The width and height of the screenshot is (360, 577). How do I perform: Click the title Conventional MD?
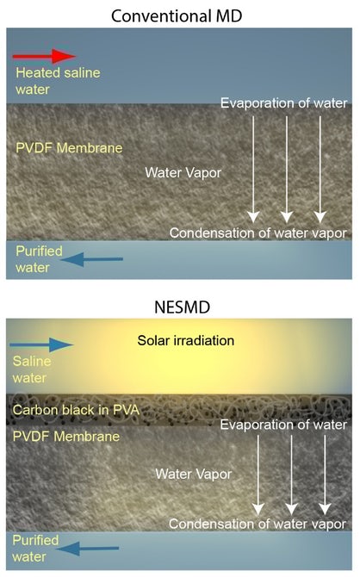pos(177,16)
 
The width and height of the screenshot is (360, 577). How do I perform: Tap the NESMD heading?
pos(183,307)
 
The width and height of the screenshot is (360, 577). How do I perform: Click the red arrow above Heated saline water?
pos(44,56)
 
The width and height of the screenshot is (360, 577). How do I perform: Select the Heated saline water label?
pos(58,81)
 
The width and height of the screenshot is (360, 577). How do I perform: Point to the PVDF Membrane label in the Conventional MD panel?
pos(69,148)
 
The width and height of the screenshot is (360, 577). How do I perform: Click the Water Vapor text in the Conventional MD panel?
pos(183,172)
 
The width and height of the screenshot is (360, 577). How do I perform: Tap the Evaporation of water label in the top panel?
pos(284,103)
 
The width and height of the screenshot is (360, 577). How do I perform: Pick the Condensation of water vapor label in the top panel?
pos(258,233)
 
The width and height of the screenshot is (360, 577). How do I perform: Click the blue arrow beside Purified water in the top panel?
pos(91,259)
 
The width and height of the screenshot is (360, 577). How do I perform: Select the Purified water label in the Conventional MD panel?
pos(39,259)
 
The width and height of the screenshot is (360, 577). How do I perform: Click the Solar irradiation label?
pos(186,340)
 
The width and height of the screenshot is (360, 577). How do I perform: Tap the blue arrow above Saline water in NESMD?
pos(41,344)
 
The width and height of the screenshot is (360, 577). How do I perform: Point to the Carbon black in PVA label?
pos(76,410)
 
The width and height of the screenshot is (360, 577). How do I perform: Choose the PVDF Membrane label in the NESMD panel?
pos(66,437)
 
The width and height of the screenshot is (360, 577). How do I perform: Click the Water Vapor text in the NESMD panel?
pos(193,474)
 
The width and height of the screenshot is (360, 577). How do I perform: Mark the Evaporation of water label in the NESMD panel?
pos(283,425)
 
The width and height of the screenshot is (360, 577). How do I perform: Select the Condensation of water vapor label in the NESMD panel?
pos(258,524)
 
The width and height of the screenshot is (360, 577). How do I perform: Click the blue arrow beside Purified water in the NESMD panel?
pos(88,549)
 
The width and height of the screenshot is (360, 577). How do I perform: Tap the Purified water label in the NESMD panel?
pos(35,549)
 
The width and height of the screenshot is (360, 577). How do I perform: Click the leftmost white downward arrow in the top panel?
pos(253,170)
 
